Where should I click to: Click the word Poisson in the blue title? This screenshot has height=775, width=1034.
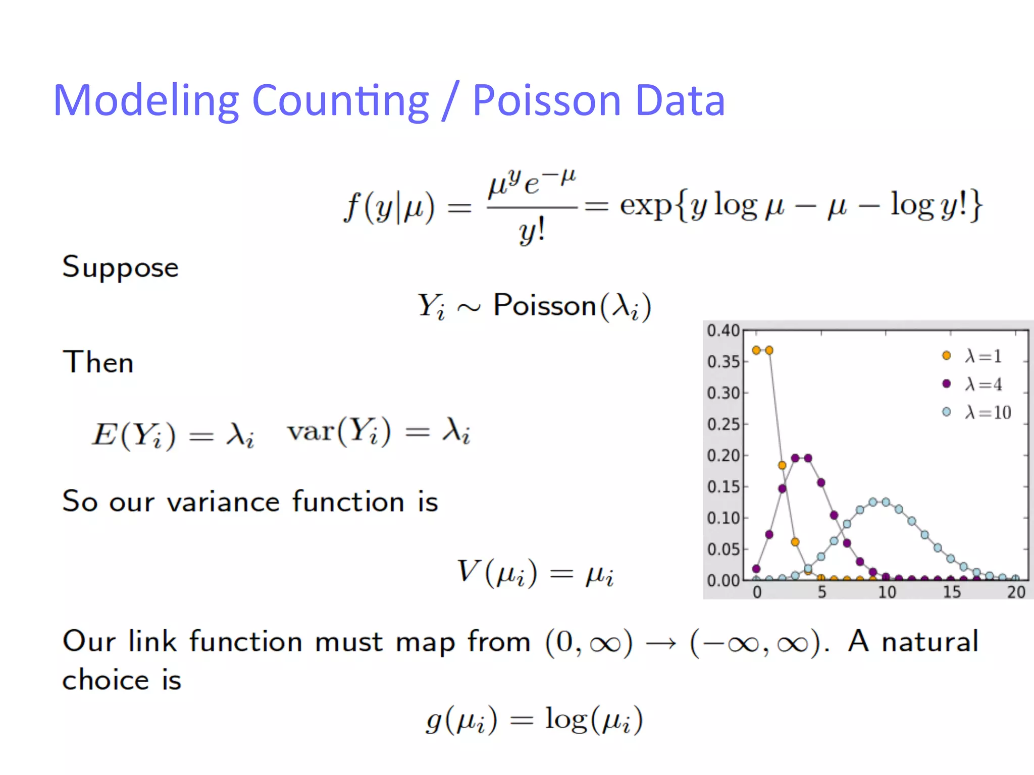[546, 100]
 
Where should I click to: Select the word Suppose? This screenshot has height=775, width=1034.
[120, 267]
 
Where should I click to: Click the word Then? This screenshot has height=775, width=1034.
[98, 362]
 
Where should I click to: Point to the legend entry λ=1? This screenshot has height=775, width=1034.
[982, 356]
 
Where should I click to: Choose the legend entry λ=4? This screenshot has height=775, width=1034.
[983, 384]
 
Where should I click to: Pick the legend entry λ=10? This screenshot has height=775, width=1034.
[988, 412]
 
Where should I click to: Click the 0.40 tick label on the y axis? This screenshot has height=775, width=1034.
[723, 331]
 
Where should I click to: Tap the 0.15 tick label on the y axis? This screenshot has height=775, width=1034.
[723, 487]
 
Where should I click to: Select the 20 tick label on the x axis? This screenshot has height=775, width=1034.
[1016, 591]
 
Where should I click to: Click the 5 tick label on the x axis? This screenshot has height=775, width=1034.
[822, 591]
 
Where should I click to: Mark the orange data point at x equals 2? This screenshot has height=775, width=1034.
[782, 465]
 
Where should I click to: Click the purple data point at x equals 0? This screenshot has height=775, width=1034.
[756, 569]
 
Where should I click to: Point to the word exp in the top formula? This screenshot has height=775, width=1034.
[645, 205]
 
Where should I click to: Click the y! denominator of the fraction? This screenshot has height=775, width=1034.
[532, 232]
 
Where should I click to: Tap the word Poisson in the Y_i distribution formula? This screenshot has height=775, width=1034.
[545, 305]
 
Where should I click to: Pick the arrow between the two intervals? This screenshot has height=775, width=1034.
[661, 643]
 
